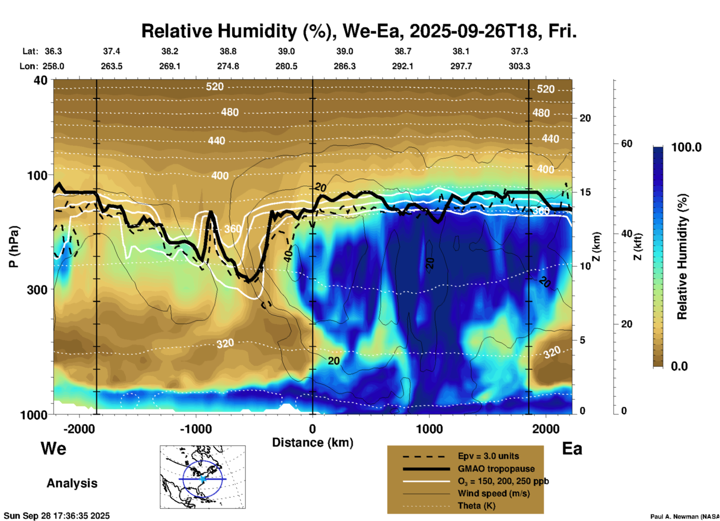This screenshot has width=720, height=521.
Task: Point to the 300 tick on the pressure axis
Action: click(37, 290)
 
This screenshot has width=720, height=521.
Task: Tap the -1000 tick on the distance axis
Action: click(196, 429)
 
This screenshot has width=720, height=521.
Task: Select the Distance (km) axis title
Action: click(313, 443)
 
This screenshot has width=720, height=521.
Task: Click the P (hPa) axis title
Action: click(14, 247)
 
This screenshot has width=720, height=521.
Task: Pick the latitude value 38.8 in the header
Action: click(228, 51)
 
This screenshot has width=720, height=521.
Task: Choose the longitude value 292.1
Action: click(403, 66)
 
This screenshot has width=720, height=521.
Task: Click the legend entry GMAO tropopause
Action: click(496, 469)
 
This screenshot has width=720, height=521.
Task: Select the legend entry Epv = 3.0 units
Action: click(488, 456)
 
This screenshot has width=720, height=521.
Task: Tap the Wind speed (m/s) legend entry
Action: click(493, 494)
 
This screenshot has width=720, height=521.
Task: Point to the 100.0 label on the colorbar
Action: click(686, 147)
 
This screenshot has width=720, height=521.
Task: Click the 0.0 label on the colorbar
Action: click(679, 366)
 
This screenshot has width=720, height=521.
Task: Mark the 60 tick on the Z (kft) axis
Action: click(627, 144)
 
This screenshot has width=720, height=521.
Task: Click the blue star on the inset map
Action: click(203, 479)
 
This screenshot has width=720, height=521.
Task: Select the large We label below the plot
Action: click(53, 448)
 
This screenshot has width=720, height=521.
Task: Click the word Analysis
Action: click(72, 483)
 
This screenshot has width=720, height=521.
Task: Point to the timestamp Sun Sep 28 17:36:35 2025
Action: click(57, 516)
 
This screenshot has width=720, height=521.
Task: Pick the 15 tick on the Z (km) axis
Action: click(585, 192)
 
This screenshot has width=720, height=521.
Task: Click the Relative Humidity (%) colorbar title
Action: click(683, 256)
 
